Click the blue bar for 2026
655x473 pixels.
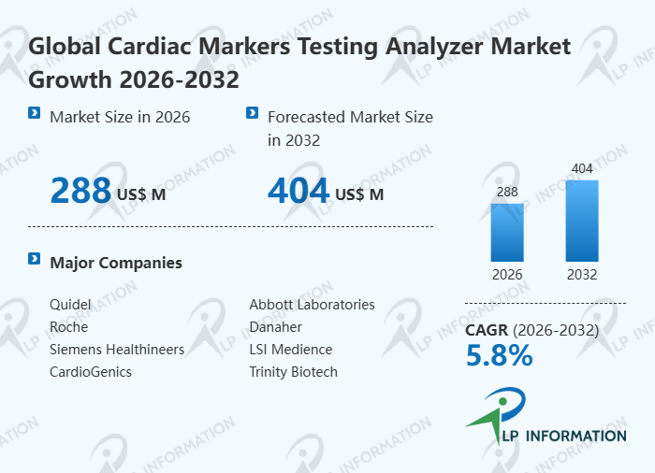[x=507, y=232]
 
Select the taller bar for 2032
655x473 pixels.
[x=582, y=221]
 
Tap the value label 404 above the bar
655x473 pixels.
[x=582, y=169]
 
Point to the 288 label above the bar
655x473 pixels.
[x=507, y=193]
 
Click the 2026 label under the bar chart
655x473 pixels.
[x=507, y=275]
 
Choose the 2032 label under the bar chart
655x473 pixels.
[x=582, y=275]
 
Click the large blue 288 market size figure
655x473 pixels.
[x=80, y=191]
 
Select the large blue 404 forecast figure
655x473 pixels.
[x=298, y=191]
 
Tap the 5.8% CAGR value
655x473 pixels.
[x=499, y=355]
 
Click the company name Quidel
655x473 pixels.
[x=70, y=305]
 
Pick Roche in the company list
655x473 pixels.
[x=68, y=327]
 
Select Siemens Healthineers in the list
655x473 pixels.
[x=117, y=350]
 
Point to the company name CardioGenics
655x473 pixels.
[x=91, y=372]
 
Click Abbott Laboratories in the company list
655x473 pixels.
[x=312, y=305]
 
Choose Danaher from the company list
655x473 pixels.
[x=275, y=327]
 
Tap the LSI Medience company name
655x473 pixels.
[x=290, y=350]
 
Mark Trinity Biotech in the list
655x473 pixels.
[x=293, y=372]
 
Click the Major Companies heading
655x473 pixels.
[x=116, y=263]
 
